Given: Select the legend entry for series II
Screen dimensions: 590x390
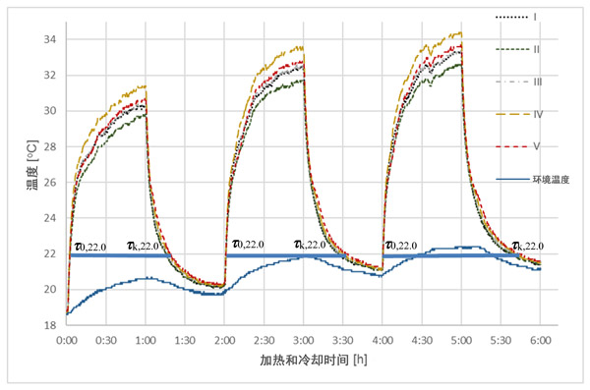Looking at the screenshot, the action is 518,49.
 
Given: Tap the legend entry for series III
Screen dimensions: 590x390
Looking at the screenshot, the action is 518,82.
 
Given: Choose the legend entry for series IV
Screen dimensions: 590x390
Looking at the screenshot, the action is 519,114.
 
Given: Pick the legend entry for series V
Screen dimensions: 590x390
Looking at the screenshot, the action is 518,146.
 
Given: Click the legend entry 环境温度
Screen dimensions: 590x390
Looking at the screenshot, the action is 532,180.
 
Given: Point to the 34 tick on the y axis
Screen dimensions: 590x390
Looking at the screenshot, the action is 50,39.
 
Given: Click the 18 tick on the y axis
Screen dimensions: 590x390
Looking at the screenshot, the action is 50,325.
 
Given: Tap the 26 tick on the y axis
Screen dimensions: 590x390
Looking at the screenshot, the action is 50,182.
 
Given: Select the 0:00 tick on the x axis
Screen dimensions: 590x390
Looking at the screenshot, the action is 67,340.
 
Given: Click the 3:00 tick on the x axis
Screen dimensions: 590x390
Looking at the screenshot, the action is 303,340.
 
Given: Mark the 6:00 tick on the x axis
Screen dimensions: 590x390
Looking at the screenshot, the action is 540,340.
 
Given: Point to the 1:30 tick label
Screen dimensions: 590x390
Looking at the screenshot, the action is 185,340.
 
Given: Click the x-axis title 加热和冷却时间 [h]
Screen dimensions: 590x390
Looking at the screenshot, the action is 313,360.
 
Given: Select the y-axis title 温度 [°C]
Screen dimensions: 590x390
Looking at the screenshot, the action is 32,165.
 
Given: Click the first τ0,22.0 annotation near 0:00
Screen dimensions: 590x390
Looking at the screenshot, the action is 90,247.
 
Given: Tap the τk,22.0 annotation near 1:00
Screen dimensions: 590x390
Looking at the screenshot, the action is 143,246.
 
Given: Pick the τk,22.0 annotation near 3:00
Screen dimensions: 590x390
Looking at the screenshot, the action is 310,245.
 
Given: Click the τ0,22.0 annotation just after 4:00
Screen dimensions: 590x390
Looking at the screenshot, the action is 401,246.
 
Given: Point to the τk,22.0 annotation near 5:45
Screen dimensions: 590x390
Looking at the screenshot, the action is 528,246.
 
